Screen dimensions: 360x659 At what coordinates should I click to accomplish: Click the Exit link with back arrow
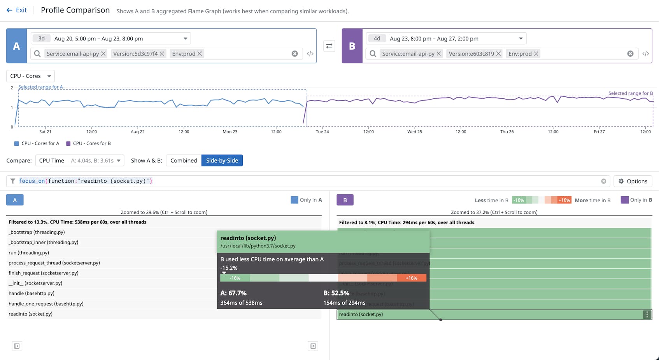coord(17,10)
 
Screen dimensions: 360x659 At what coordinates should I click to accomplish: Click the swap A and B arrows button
coord(329,46)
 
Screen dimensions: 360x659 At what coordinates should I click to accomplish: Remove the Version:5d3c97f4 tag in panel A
coord(162,54)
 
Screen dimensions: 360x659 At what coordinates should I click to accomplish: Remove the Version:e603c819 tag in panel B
coord(498,54)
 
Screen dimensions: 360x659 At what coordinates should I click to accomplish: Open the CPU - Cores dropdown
coord(30,76)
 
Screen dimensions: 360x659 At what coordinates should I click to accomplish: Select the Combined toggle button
coord(184,161)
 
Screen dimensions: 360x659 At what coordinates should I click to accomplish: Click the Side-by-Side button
coord(222,161)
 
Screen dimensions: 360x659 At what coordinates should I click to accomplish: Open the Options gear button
coord(633,181)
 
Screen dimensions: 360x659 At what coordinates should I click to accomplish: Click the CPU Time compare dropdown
coord(80,161)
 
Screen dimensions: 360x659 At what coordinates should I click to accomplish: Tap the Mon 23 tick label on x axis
coord(230,132)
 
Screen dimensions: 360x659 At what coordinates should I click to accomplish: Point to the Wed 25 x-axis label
coord(414,132)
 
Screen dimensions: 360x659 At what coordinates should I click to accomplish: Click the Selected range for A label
coord(40,87)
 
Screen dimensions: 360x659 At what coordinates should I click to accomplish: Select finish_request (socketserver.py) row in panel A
coord(44,273)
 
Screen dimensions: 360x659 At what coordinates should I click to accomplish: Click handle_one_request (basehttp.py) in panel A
coord(46,304)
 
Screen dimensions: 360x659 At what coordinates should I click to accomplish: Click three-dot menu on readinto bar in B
coord(647,315)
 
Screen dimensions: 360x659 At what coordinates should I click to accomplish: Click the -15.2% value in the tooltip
coord(229,268)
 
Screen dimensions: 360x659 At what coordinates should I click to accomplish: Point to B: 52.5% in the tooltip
coord(336,293)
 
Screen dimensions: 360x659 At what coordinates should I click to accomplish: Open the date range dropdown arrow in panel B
coord(521,38)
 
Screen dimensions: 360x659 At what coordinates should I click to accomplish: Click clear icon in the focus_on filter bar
coord(603,181)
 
